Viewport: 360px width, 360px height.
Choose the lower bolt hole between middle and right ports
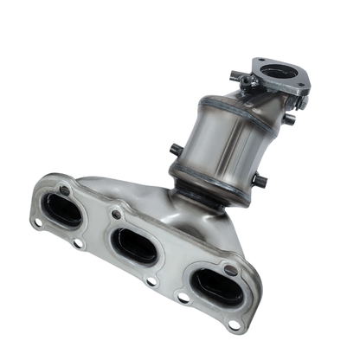tap(183, 298)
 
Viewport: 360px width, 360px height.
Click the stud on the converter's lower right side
tap(259, 181)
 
